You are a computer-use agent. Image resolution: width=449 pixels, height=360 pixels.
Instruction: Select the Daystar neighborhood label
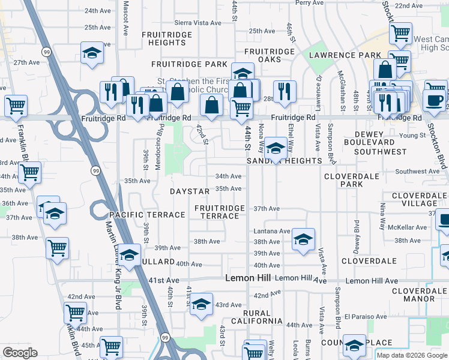190,191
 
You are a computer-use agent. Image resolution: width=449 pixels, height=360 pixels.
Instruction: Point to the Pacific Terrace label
147,215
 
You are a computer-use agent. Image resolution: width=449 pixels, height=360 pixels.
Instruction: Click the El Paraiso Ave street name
366,316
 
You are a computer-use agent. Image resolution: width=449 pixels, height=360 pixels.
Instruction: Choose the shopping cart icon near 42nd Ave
76,312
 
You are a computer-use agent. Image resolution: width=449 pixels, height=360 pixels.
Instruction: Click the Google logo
20,353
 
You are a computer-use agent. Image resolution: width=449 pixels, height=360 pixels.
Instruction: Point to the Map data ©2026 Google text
412,355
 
